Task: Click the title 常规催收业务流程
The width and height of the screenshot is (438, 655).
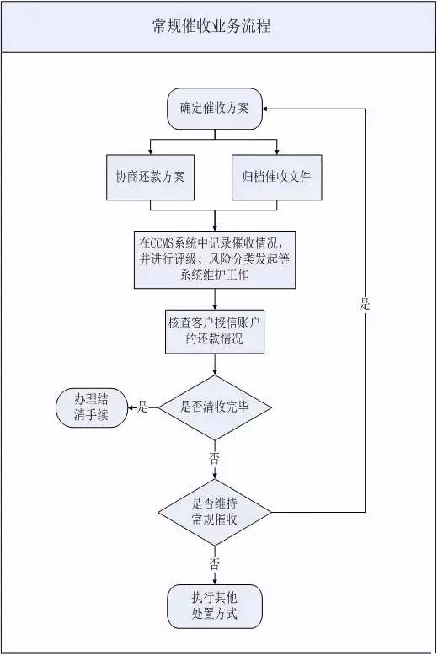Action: [x=211, y=26]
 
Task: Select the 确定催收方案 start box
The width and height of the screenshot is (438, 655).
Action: [x=215, y=109]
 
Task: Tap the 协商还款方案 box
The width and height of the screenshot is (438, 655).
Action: [x=150, y=177]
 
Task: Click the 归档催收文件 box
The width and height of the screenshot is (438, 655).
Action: [x=276, y=177]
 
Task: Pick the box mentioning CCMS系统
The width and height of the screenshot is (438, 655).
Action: [x=215, y=259]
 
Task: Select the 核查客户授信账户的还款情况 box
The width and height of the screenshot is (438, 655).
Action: [x=215, y=331]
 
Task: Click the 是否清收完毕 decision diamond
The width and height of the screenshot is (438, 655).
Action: [x=215, y=407]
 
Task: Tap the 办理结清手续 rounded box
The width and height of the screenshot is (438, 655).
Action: [x=92, y=407]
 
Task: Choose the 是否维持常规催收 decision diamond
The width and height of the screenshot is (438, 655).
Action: [x=215, y=512]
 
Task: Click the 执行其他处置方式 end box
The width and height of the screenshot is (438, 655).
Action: [x=215, y=606]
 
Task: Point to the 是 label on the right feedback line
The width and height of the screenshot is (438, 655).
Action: [x=365, y=304]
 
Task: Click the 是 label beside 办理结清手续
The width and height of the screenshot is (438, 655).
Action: [x=143, y=407]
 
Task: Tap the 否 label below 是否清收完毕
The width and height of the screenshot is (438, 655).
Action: [x=215, y=459]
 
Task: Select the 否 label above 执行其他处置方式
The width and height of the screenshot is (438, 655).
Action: [x=215, y=565]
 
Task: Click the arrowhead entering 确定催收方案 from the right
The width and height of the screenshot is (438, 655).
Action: [x=266, y=109]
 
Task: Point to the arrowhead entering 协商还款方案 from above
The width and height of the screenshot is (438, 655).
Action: [x=150, y=152]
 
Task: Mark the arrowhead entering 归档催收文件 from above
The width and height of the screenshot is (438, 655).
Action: [x=276, y=152]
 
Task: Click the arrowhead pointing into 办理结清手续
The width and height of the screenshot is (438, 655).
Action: [x=131, y=407]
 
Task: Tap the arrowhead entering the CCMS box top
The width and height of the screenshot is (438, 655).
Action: [x=215, y=227]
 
